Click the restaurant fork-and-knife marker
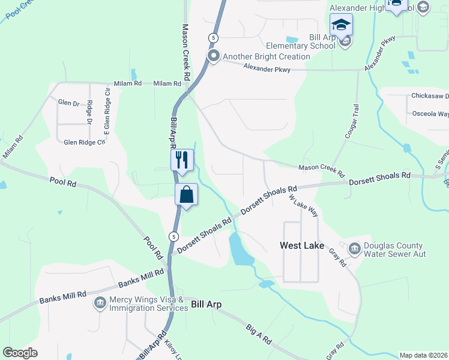[182, 160]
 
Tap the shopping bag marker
[186, 194]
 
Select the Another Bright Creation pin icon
[213, 56]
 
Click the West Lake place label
[302, 246]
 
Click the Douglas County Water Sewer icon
[354, 248]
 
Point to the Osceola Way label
[430, 113]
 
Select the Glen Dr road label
[68, 103]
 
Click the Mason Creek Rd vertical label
[186, 53]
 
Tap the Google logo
[20, 353]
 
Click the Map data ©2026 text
[424, 355]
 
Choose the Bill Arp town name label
[206, 305]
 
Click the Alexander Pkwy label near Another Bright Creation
[267, 70]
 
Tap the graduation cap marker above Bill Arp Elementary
[341, 26]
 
